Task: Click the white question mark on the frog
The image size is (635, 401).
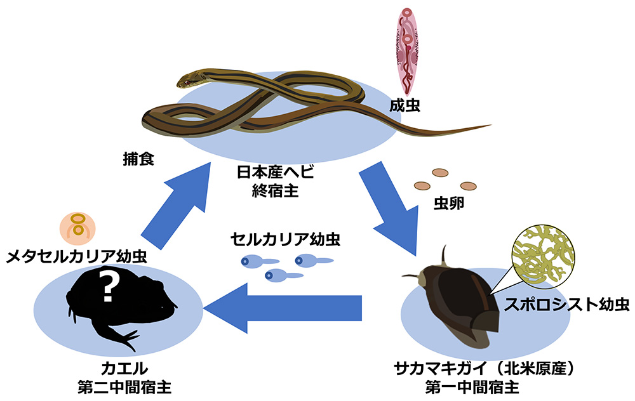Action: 108,287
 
